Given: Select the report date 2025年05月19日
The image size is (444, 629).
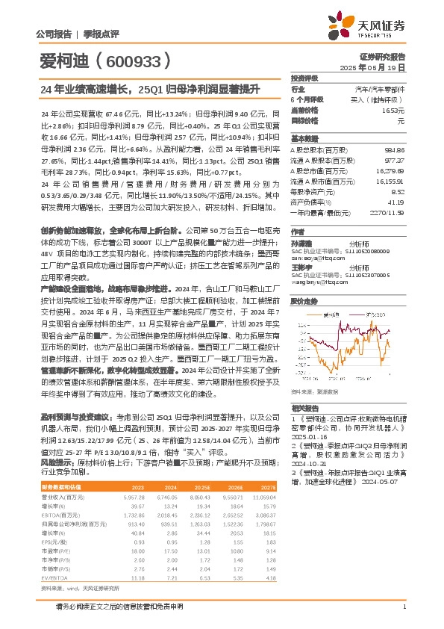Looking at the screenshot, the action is tap(381, 66).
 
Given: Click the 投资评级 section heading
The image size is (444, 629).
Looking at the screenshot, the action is tap(304, 78).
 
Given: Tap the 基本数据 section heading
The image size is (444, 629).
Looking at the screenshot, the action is tap(304, 139).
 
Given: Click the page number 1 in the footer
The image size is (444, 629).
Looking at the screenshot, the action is tap(403, 607).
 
